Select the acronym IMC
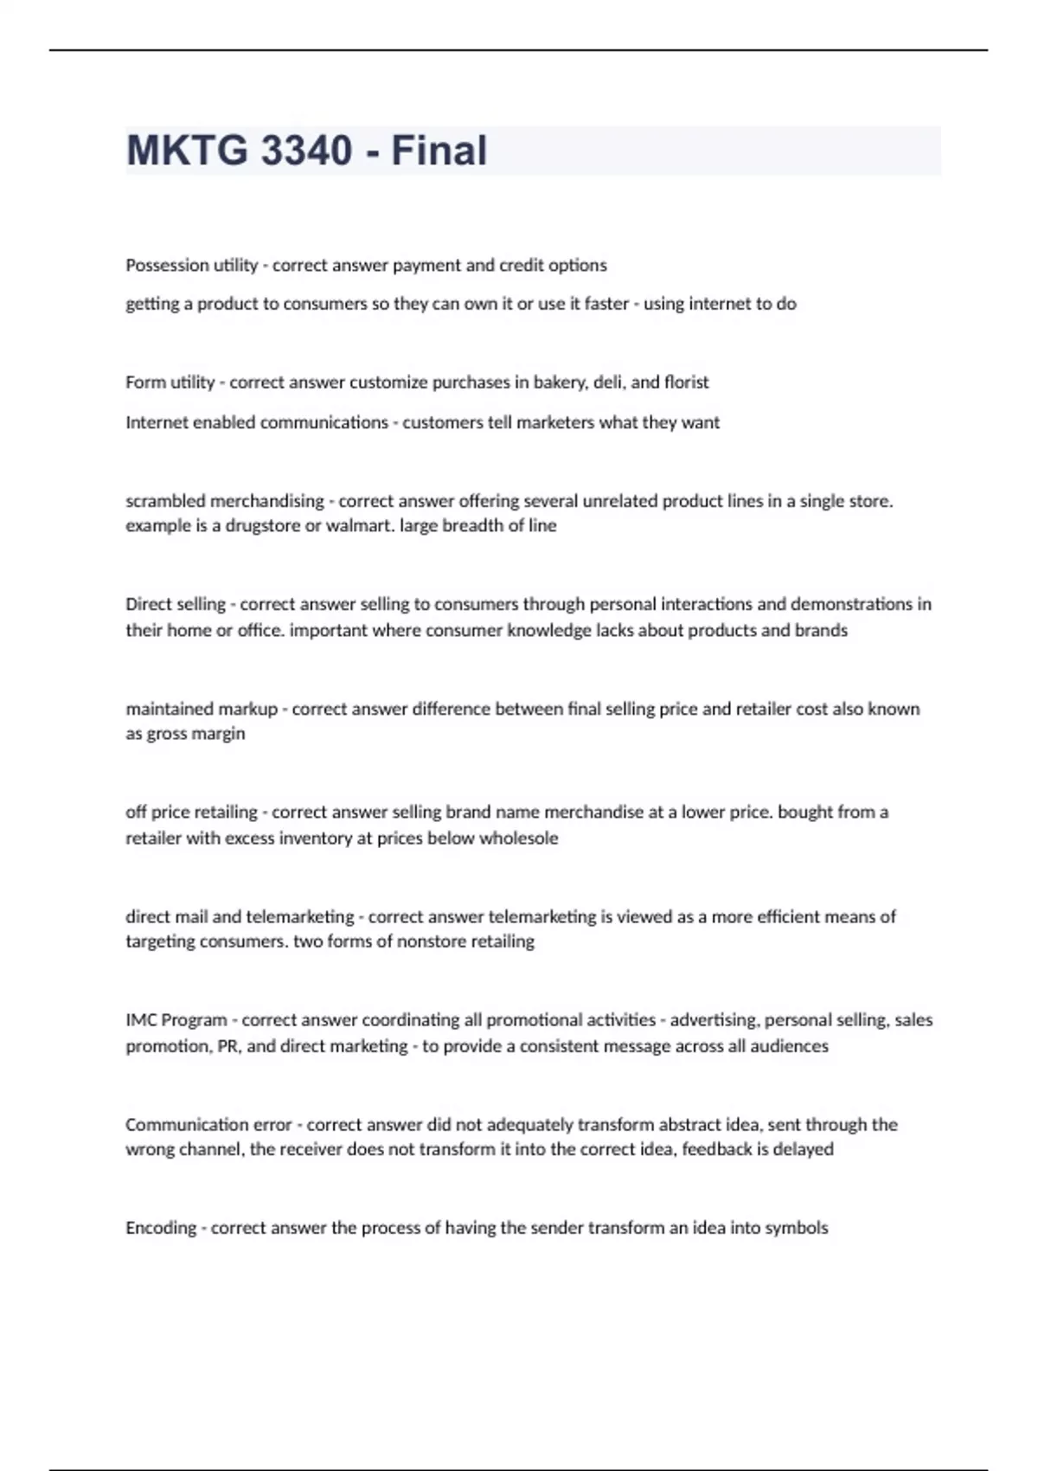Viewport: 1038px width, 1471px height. coord(141,1020)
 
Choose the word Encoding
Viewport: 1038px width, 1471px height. coord(161,1228)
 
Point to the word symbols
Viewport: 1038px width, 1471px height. coord(797,1228)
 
